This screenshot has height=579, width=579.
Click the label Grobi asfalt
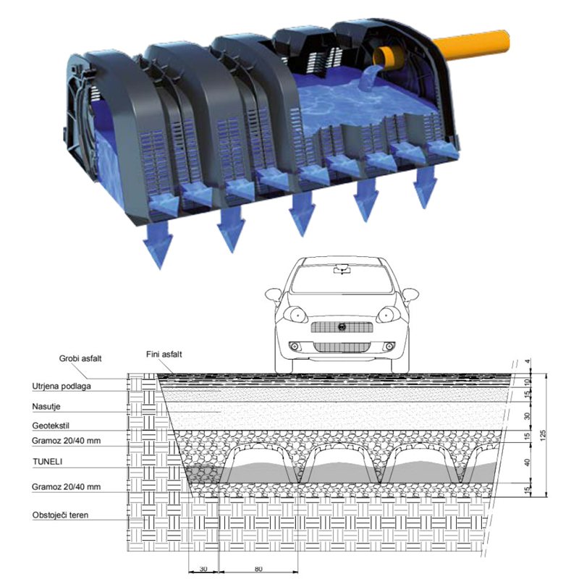80,358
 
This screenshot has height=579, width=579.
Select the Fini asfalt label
164,355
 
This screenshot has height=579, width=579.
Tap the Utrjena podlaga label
62,386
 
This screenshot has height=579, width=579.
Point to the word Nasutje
46,407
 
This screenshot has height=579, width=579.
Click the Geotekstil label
51,426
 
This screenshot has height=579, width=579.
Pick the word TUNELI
47,462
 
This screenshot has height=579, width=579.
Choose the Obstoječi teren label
60,515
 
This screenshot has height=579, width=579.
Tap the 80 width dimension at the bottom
258,569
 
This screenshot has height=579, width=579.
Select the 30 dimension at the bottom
203,569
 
